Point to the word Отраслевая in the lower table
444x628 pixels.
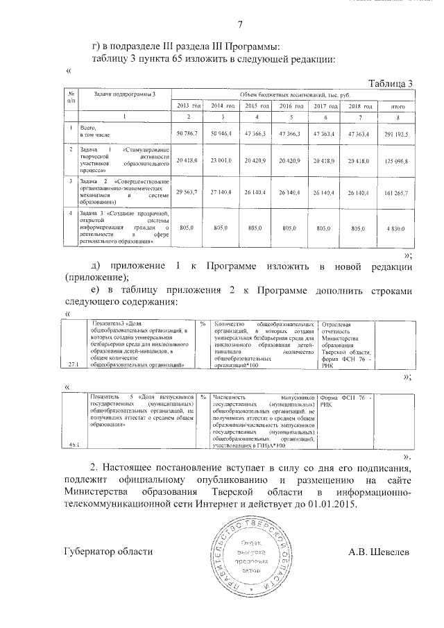[338, 325]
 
